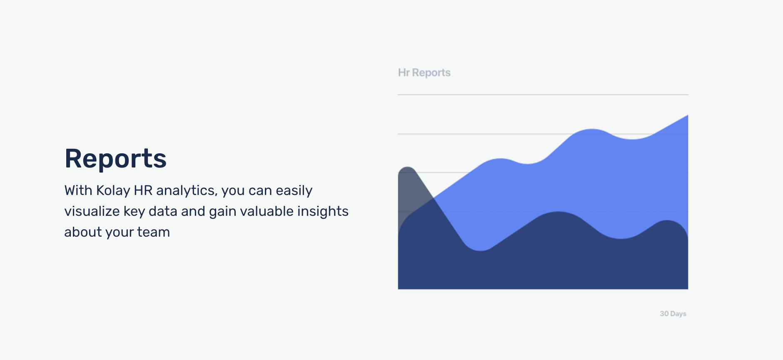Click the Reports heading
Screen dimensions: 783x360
coord(115,159)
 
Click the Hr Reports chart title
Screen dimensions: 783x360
coord(424,72)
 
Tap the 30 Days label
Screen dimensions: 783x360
coord(673,314)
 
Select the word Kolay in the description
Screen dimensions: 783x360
coord(113,190)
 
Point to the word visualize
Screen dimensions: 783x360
coord(92,211)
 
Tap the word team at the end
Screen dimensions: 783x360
coord(153,232)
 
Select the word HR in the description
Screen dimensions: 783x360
coord(143,190)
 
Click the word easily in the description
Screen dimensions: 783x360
coord(294,190)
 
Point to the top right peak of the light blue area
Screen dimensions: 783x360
coord(688,115)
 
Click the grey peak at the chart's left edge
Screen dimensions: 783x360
coord(407,167)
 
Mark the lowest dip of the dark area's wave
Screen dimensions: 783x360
coord(481,251)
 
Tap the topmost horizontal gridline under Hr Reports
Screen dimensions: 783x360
coord(543,95)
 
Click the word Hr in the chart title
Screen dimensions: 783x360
coord(404,72)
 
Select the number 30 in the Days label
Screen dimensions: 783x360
coord(664,314)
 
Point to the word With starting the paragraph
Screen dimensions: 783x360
coord(78,190)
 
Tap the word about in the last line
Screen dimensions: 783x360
coord(83,232)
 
